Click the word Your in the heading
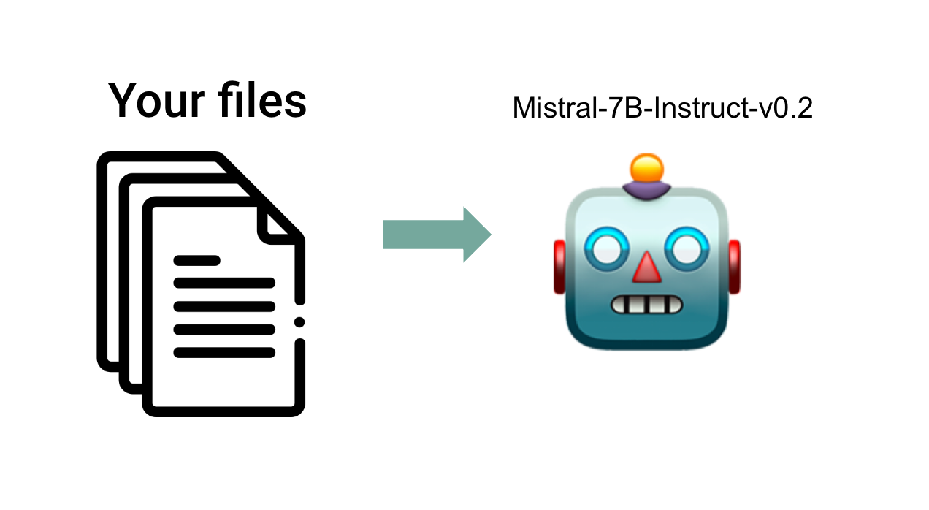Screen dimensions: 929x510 coord(157,101)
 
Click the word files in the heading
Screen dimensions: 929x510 coord(263,99)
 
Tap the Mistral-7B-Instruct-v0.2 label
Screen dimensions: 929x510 coord(662,108)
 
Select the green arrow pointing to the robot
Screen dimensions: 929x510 coord(437,235)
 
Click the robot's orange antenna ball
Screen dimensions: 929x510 coord(646,168)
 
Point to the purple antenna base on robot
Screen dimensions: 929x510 coord(646,191)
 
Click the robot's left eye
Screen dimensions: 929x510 coord(607,249)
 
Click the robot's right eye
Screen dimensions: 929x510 coord(687,249)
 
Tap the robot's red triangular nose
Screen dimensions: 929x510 coord(646,267)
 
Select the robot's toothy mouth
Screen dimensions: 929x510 coord(646,305)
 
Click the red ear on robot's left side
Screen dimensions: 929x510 coord(559,267)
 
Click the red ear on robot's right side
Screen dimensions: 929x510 coord(734,267)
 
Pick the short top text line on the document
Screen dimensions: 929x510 coord(196,261)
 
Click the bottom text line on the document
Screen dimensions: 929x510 coord(224,353)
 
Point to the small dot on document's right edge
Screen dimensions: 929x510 coord(299,322)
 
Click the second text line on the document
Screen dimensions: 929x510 coord(224,283)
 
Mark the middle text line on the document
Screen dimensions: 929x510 coord(224,307)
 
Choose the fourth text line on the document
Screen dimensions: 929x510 coord(224,330)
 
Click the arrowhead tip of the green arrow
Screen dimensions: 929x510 coord(492,235)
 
